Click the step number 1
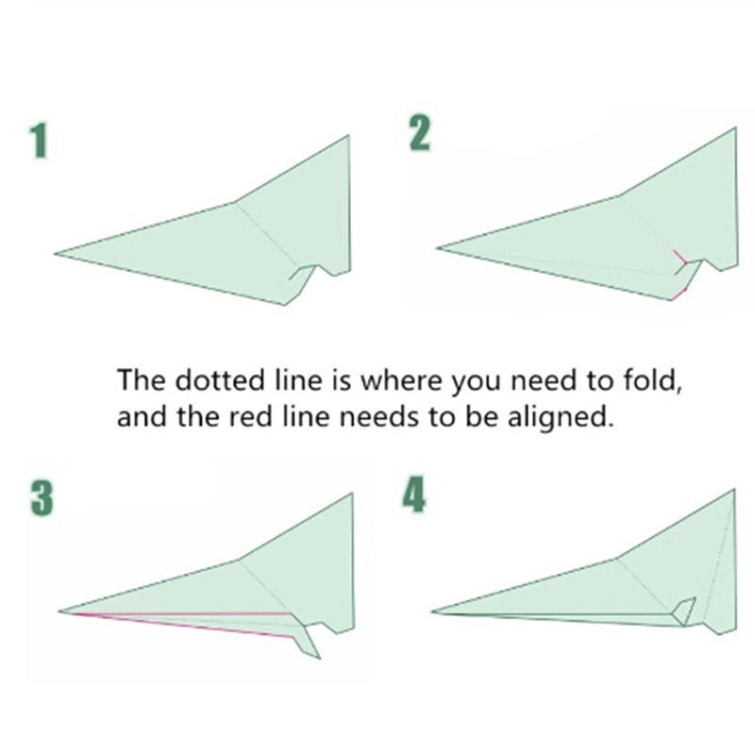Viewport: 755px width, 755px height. click(39, 141)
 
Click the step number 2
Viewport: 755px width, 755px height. click(419, 134)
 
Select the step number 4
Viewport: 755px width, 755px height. click(414, 495)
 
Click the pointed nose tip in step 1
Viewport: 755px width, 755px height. click(55, 253)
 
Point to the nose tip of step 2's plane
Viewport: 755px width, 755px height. click(437, 248)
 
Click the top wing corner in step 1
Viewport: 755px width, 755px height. click(348, 136)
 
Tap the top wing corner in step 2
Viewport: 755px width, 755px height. click(735, 128)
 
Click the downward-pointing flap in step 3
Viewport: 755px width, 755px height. click(308, 641)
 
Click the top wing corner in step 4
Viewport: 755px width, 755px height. click(734, 490)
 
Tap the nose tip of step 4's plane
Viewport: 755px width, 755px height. click(432, 612)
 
